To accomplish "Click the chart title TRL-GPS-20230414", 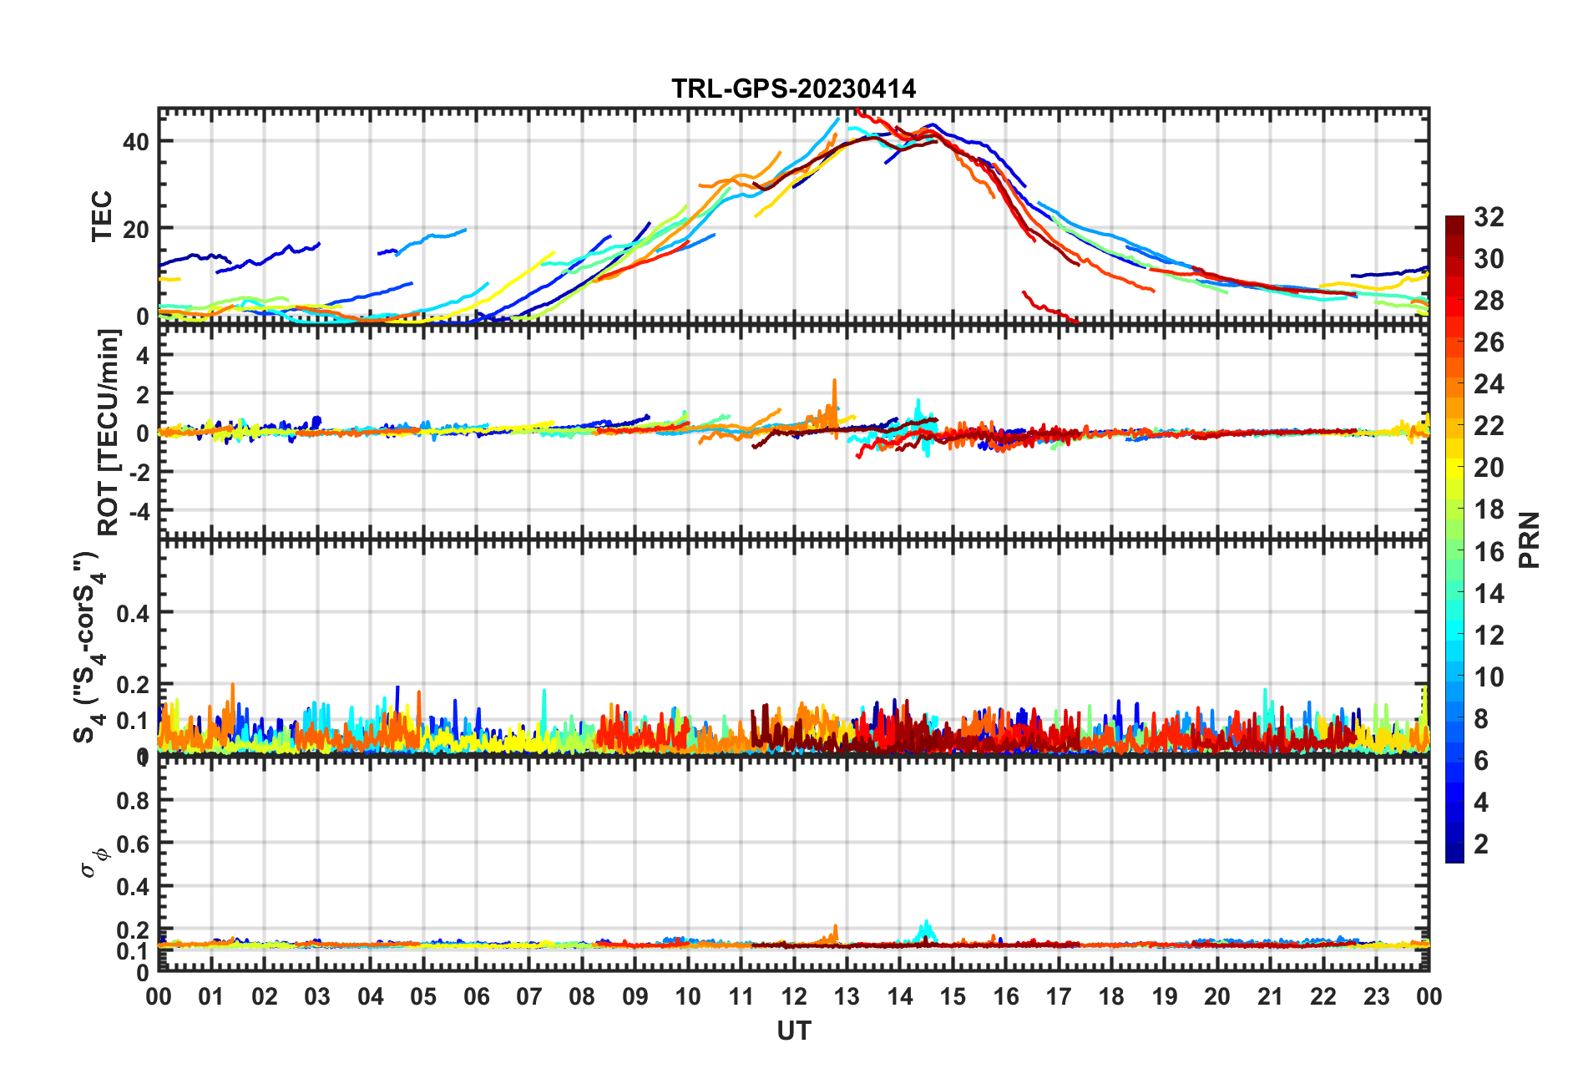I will [793, 89].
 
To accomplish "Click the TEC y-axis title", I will [102, 215].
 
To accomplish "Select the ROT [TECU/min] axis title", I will [109, 432].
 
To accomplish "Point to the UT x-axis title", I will [793, 1031].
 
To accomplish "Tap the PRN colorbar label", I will [1529, 539].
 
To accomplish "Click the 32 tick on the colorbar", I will [1489, 217].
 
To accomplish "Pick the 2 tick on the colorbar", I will [1481, 843].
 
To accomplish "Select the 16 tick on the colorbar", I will [1489, 551].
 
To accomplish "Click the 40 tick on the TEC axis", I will [136, 141].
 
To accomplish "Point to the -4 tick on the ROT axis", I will [139, 510].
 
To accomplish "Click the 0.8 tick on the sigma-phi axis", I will [133, 800].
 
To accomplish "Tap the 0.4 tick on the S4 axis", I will [133, 614].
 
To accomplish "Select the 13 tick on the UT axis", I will [847, 996].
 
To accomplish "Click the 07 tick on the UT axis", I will [529, 996].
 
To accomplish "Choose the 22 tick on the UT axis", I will [1323, 996].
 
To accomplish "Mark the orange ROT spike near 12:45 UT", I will [834, 382].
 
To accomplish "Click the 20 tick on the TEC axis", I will [136, 229].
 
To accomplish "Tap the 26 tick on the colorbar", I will [1489, 342].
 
